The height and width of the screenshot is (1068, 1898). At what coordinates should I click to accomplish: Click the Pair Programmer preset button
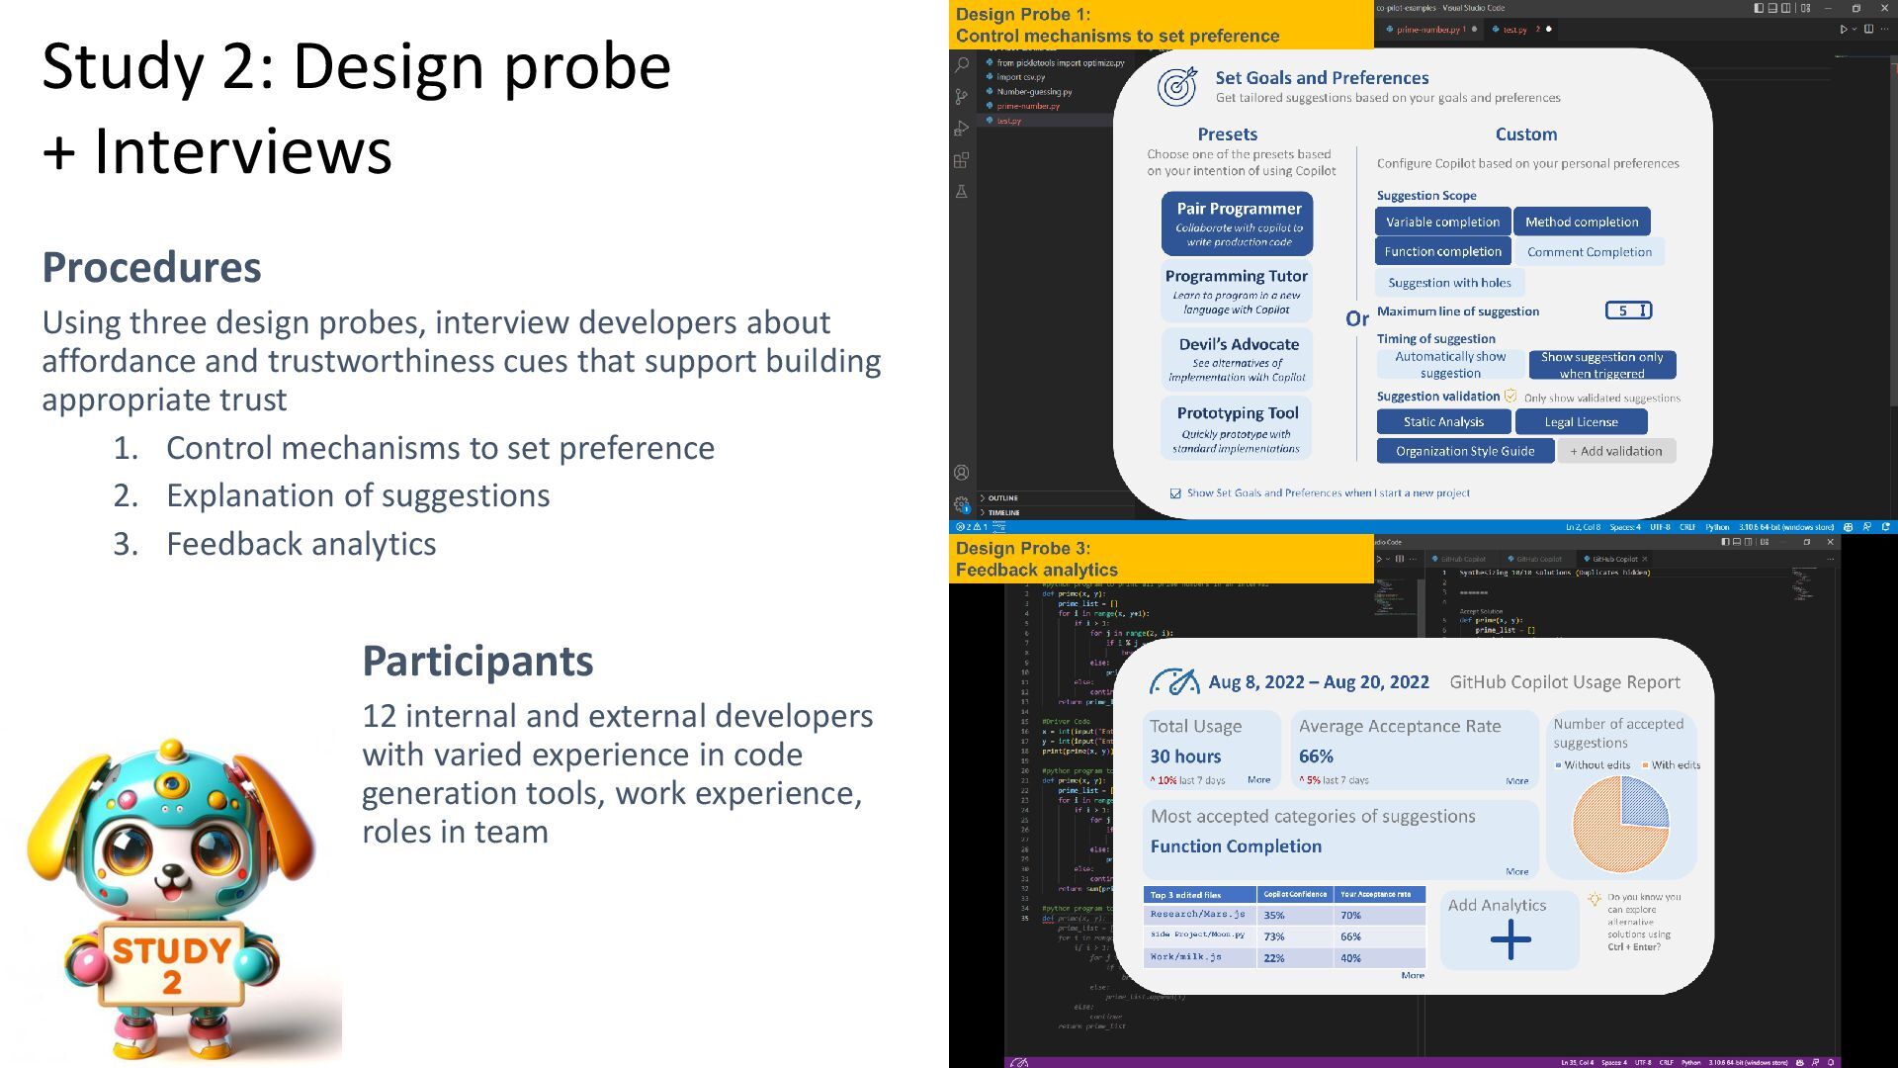[x=1238, y=223]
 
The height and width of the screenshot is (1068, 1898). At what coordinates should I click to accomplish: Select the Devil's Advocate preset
[x=1238, y=358]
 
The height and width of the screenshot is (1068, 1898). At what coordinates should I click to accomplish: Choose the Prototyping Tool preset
[x=1237, y=428]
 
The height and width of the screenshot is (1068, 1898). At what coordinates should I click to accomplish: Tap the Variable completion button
[x=1442, y=222]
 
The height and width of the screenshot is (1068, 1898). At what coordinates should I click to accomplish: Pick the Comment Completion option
[x=1589, y=252]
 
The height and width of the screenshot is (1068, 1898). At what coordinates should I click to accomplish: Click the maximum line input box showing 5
[x=1627, y=311]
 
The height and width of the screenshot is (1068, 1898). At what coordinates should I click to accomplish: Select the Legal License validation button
[x=1581, y=422]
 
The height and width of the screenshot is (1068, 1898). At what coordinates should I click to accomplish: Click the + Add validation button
[x=1616, y=452]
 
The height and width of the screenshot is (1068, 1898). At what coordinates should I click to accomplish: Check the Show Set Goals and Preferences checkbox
[x=1175, y=493]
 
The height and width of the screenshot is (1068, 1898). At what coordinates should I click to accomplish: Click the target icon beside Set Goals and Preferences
[x=1176, y=87]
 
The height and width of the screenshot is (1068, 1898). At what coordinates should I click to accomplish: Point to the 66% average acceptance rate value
[x=1316, y=756]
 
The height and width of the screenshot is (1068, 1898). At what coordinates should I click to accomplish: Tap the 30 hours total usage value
[x=1185, y=756]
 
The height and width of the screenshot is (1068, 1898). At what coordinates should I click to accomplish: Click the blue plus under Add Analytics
[x=1510, y=939]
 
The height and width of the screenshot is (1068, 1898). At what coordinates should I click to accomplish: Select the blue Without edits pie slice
[x=1643, y=802]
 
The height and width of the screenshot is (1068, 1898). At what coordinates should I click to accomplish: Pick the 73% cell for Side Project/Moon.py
[x=1274, y=936]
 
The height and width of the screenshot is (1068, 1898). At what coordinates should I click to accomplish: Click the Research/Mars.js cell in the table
[x=1197, y=915]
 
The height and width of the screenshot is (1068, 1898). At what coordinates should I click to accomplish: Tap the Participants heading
[x=477, y=661]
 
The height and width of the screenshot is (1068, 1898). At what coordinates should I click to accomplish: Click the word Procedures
[x=151, y=267]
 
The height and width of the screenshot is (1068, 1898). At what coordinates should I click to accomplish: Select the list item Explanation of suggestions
[x=358, y=495]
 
